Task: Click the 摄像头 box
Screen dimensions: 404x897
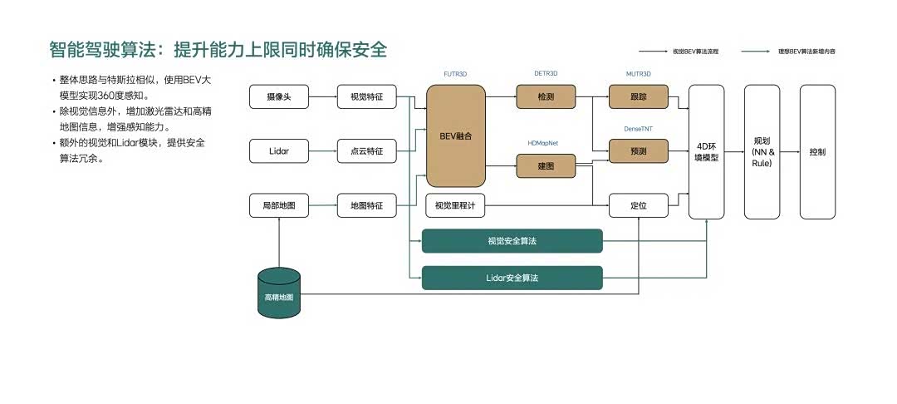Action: (279, 97)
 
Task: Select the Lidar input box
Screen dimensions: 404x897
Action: (279, 151)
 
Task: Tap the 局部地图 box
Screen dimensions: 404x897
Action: (279, 204)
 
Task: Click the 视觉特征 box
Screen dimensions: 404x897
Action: (366, 97)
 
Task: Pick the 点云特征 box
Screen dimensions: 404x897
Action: (366, 151)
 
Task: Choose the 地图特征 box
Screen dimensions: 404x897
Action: (366, 204)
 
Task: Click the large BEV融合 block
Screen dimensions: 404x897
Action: (455, 135)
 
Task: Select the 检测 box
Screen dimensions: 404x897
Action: (546, 97)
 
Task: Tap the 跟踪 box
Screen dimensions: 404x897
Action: (639, 97)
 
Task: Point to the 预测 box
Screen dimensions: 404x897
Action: (639, 151)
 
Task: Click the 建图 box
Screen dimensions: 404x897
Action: (546, 166)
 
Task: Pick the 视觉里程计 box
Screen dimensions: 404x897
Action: (455, 204)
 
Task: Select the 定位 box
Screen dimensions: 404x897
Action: (639, 204)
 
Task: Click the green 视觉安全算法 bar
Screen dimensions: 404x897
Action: (512, 241)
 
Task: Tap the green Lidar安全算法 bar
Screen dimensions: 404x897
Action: (512, 278)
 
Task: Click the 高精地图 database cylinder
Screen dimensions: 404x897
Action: (279, 293)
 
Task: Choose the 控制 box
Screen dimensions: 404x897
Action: (817, 151)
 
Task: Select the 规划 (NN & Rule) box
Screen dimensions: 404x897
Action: (762, 151)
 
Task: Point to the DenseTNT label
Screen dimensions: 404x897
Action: (639, 129)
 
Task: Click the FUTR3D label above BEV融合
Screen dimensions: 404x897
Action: (455, 74)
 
